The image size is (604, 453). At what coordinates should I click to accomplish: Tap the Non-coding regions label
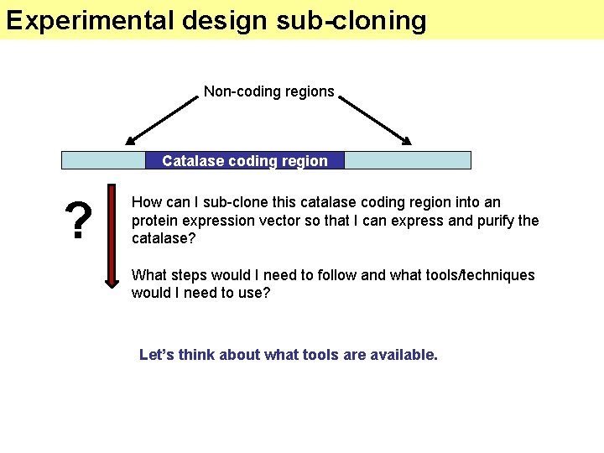coord(268,91)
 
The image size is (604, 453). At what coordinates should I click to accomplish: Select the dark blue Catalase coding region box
coord(245,160)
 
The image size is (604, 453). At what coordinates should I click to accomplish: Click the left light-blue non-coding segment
coord(103,160)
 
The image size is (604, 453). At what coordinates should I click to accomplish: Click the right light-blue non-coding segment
coord(408,160)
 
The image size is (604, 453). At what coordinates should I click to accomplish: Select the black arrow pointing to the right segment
coord(375,119)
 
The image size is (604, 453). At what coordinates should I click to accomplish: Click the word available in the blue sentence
coord(404,355)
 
